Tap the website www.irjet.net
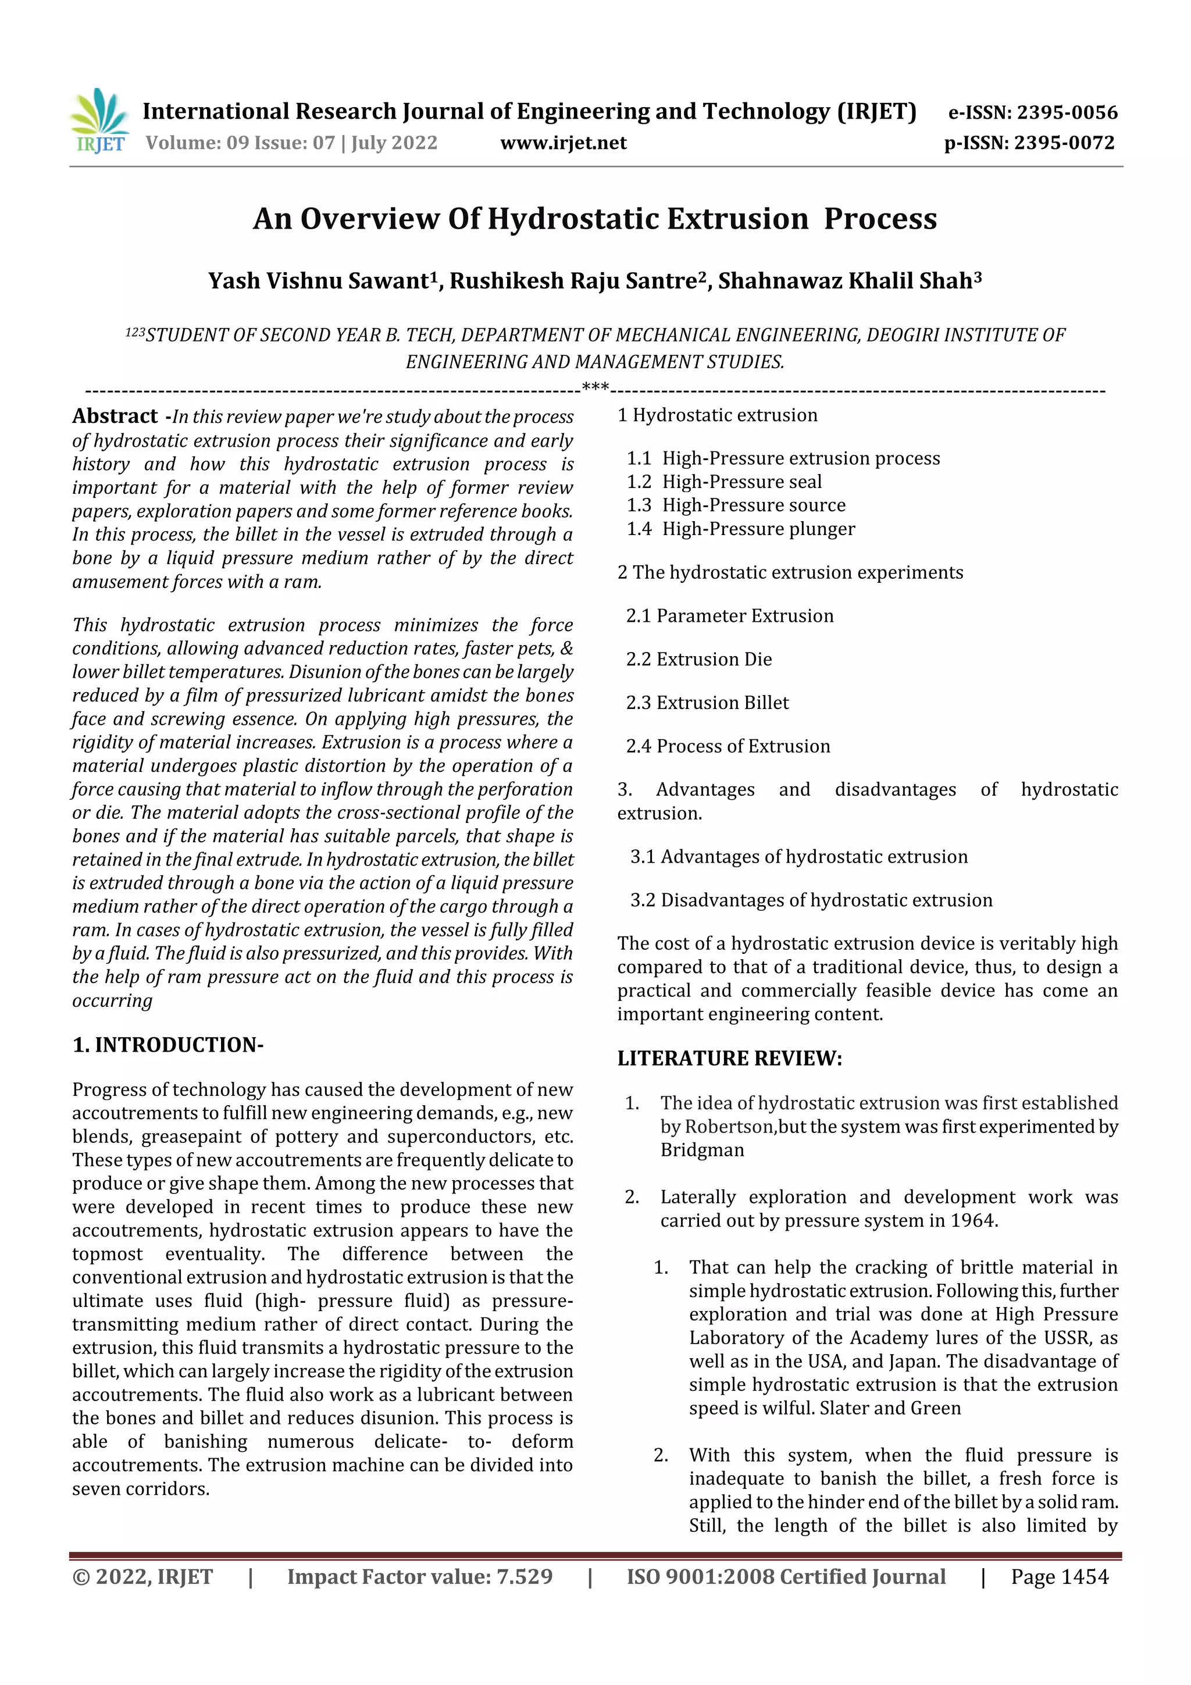563,143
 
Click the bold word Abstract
115,416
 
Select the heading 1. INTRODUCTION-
167,1044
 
